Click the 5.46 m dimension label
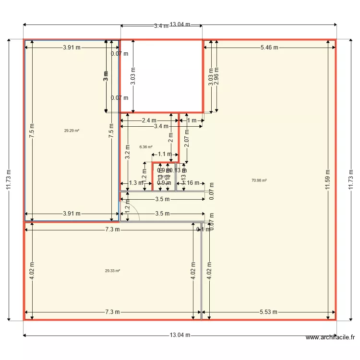click(x=269, y=48)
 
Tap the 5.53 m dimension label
click(x=269, y=312)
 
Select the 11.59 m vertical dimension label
click(x=327, y=180)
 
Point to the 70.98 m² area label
click(x=259, y=180)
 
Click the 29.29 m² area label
click(x=72, y=131)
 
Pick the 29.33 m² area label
click(x=112, y=271)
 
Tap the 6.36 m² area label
click(x=146, y=147)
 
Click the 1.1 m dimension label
click(x=165, y=154)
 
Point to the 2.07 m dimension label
click(x=187, y=138)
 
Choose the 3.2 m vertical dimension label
click(x=127, y=152)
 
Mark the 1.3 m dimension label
click(x=136, y=183)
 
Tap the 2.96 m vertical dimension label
click(x=216, y=77)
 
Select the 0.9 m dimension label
click(x=164, y=183)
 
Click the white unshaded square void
click(x=161, y=76)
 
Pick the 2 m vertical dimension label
click(x=170, y=138)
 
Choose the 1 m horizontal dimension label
click(x=192, y=120)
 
